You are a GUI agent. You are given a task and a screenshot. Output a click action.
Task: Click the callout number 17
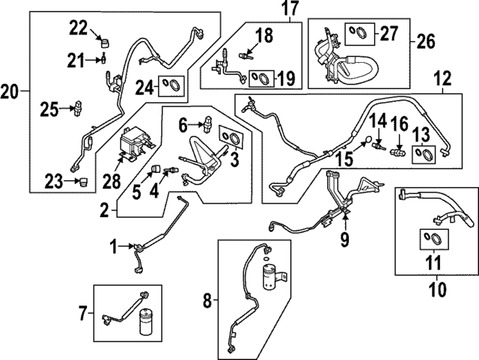pyautogui.click(x=268, y=10)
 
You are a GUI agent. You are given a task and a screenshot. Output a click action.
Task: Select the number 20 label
pyautogui.click(x=10, y=92)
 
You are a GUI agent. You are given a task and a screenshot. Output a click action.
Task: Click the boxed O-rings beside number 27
pyautogui.click(x=357, y=32)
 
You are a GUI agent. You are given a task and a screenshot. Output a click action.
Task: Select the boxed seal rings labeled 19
pyautogui.click(x=260, y=77)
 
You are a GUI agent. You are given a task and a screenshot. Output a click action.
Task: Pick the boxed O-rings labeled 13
pyautogui.click(x=424, y=154)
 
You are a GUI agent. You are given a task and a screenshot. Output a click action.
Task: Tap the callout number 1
pyautogui.click(x=113, y=245)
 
